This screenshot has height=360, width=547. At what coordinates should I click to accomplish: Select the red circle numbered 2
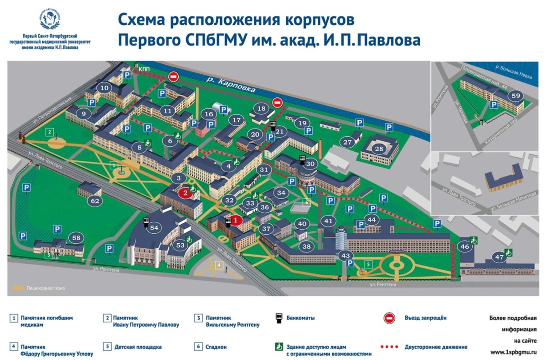185,193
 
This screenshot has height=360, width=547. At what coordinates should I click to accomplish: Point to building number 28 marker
379,149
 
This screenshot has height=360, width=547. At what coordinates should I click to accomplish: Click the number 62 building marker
95,201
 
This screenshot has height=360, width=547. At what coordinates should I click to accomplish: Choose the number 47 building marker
500,257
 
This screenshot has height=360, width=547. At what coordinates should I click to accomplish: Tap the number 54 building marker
154,227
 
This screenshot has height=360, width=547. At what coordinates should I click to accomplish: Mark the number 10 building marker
104,88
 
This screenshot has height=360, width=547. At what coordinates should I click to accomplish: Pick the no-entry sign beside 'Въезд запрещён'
389,318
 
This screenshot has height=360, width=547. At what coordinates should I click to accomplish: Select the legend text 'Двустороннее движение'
436,347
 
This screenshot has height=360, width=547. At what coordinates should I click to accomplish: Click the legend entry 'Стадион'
218,347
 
